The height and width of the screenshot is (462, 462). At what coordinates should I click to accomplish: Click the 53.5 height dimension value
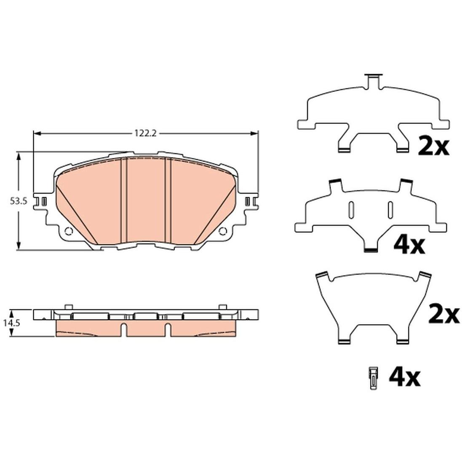[x=19, y=201]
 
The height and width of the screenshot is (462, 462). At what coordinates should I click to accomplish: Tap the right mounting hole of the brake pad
[x=222, y=231]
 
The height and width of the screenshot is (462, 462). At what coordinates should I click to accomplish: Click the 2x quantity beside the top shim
[x=433, y=147]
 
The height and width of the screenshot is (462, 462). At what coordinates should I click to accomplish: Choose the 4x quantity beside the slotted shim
[x=409, y=246]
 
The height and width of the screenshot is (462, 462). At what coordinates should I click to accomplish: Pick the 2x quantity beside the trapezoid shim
[x=443, y=314]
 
